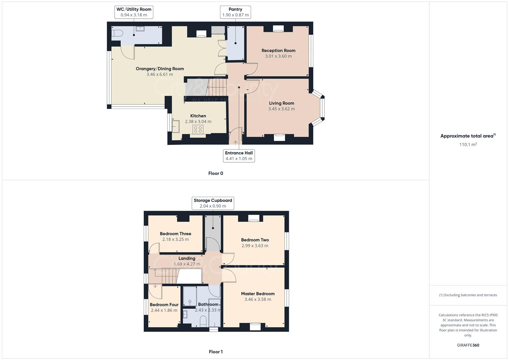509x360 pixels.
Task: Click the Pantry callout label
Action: pos(235,12)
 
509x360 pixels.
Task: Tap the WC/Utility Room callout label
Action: pos(134,12)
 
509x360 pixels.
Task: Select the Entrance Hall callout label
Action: pos(239,156)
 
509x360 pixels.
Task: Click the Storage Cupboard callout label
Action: pos(213,203)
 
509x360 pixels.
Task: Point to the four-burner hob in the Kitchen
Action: pos(198,129)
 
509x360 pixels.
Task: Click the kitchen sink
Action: pos(175,126)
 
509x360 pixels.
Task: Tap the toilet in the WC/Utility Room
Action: pos(117,33)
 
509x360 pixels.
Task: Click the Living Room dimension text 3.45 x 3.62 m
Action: pos(281,109)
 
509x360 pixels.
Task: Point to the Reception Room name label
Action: pos(278,51)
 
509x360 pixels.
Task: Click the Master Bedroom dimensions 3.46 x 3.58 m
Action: pos(258,299)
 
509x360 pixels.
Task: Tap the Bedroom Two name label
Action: pos(255,240)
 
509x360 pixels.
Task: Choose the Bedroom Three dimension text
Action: pos(175,239)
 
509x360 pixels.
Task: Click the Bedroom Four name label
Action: pos(164,305)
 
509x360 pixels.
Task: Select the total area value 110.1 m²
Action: pos(468,145)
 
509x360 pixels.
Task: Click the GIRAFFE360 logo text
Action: pos(468,345)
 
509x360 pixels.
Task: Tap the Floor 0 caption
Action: pos(216,173)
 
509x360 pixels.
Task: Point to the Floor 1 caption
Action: pos(216,352)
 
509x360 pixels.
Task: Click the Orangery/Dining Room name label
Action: pos(160,69)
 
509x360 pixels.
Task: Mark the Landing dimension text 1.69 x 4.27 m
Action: pos(187,264)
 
